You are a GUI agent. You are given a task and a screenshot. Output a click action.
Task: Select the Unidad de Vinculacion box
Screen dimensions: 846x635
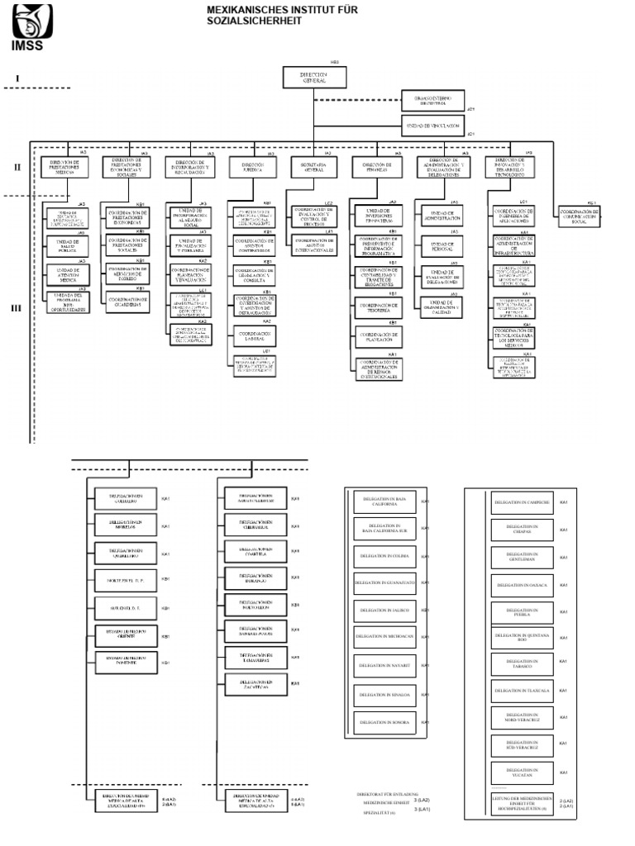[x=432, y=125]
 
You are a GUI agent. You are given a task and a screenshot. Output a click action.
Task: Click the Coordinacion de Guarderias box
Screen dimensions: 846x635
[x=127, y=301]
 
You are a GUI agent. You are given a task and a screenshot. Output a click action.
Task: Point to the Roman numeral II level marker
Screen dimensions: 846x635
[x=17, y=167]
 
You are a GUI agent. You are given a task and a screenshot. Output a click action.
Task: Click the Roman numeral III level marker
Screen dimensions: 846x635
[x=17, y=309]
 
